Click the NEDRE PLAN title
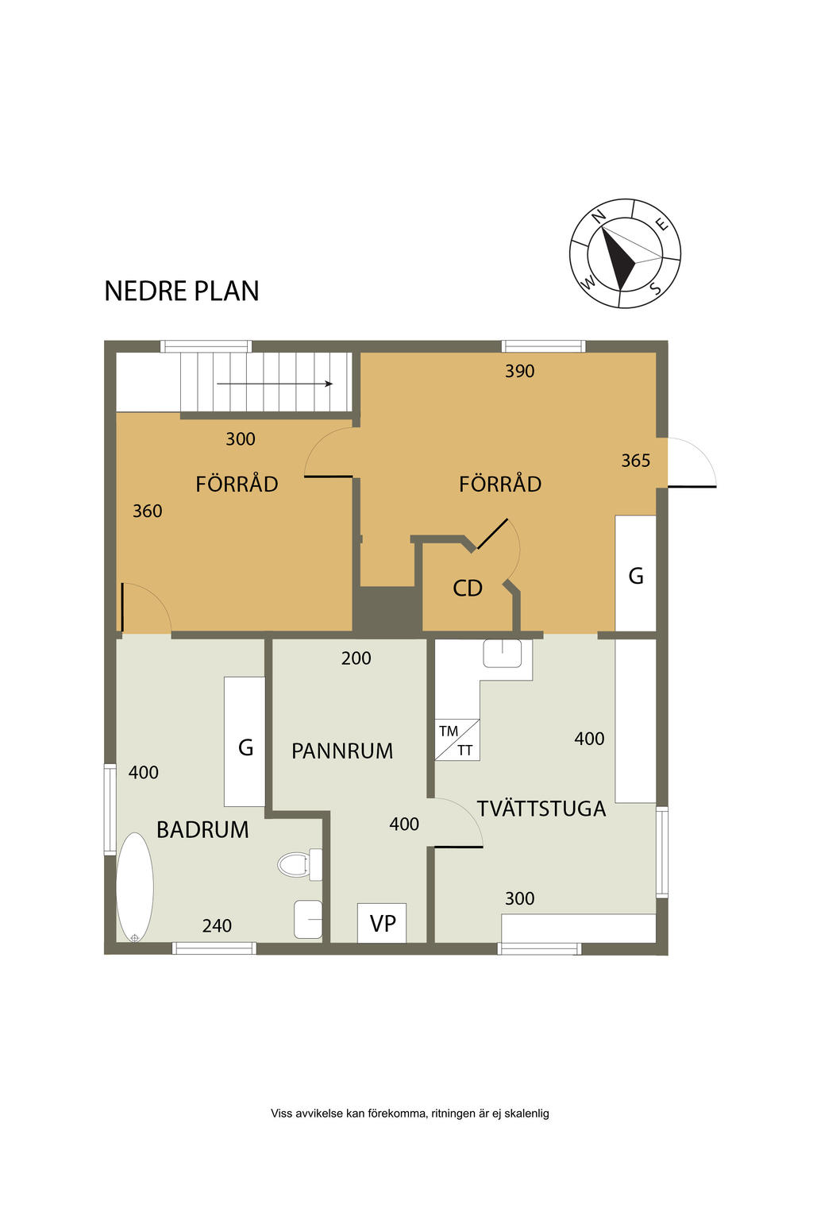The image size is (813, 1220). coord(181,291)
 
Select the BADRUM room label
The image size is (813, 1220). coord(202,830)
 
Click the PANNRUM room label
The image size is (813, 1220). coord(342,751)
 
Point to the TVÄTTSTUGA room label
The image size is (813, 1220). coord(541,809)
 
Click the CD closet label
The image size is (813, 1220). coord(467,589)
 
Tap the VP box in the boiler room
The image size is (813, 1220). coord(382,923)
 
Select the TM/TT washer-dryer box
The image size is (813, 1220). coord(457,739)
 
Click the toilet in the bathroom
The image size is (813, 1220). coord(299,864)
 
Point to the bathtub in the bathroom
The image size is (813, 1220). coord(134,888)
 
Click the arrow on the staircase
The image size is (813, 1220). coord(275,384)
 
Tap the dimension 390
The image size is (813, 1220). coord(519,372)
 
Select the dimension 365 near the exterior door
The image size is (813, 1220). coord(635,461)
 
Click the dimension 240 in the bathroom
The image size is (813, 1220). coord(217,926)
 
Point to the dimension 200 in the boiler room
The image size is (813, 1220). coord(356,658)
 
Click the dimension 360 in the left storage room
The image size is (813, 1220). coord(148,512)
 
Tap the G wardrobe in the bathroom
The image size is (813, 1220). coord(245,742)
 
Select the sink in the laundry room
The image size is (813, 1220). coord(502,653)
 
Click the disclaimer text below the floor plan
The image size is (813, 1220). coord(410,1114)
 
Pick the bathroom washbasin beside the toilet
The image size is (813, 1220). coord(308,919)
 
